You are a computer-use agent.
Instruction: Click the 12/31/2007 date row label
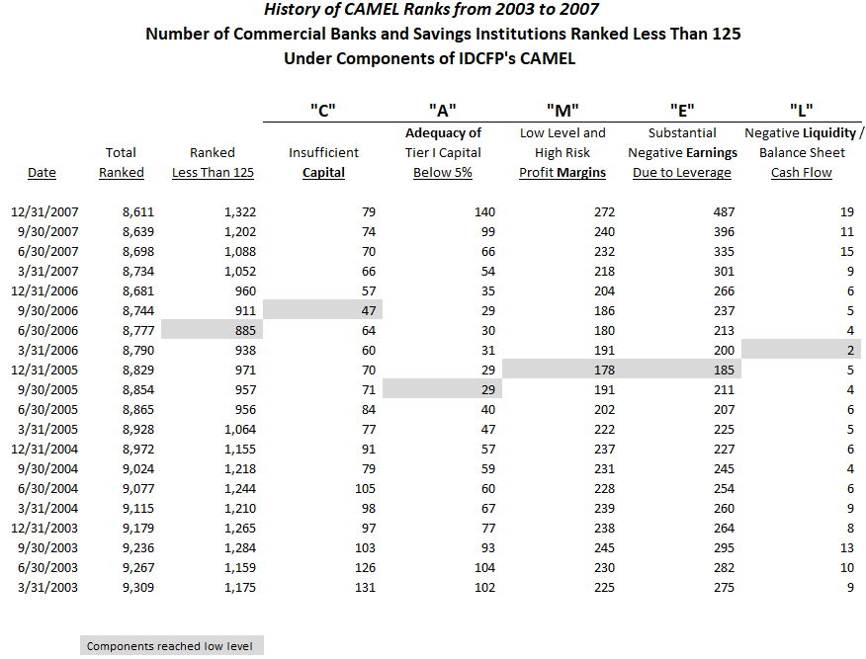point(44,212)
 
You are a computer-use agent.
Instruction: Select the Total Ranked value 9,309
point(138,587)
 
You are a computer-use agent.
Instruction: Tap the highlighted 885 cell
point(213,330)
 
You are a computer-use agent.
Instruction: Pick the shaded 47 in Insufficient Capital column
point(322,310)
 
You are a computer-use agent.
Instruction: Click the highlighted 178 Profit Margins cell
point(563,370)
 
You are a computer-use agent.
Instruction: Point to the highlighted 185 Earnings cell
point(681,370)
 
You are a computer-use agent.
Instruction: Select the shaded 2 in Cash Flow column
point(801,350)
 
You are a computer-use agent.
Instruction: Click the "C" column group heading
point(323,111)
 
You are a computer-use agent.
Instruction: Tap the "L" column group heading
point(802,111)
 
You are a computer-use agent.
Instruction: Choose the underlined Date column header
point(42,173)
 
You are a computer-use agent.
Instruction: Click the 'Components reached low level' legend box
point(172,646)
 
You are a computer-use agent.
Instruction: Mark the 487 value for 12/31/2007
point(724,212)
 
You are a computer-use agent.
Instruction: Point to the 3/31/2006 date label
point(48,351)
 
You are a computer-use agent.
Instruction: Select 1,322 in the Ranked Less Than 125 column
point(240,212)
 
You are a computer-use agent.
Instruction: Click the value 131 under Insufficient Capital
point(365,587)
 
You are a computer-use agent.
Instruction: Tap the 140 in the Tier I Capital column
point(485,212)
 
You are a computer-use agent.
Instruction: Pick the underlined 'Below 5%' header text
point(443,173)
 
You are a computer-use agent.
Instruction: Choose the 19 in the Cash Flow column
point(847,212)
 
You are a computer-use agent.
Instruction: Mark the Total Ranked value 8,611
point(138,212)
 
